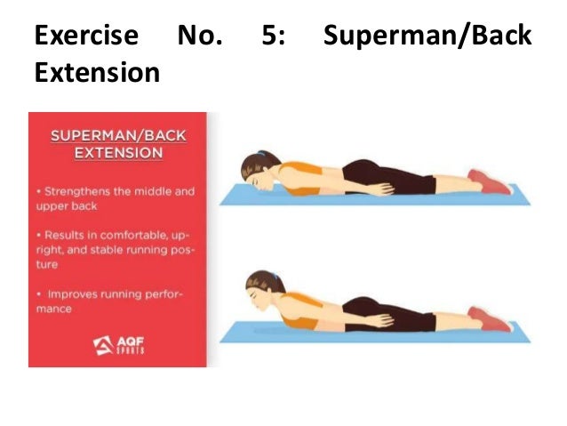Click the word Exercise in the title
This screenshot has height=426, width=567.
pos(86,36)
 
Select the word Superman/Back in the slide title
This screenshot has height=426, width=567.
pos(427,36)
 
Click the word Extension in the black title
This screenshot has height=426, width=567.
pos(97,71)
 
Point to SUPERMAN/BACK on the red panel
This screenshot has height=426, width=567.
pos(117,136)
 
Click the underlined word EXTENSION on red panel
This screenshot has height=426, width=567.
pos(117,153)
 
